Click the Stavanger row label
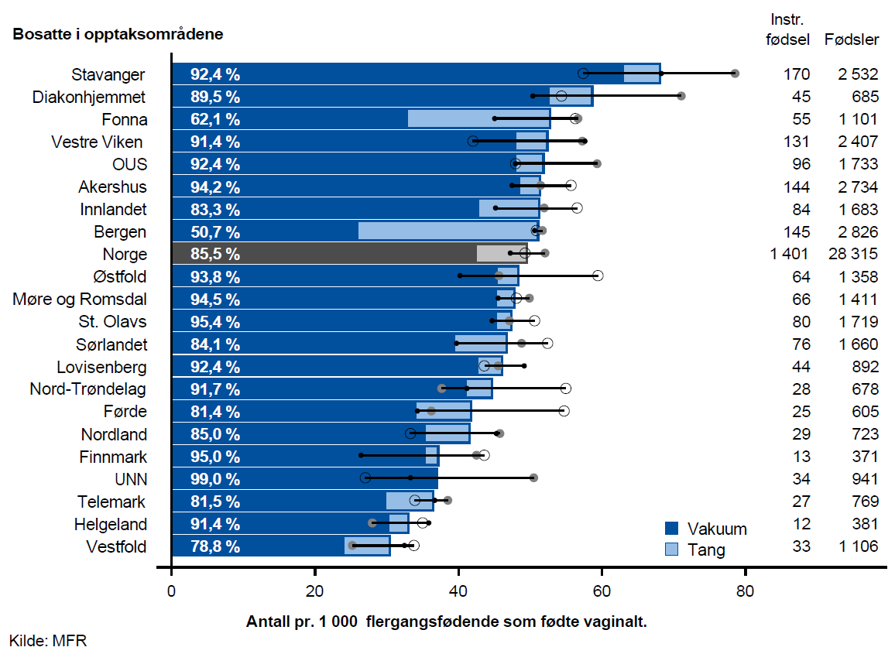(108, 74)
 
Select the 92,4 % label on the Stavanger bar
(215, 74)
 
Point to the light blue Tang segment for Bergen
(447, 231)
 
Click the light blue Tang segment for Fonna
(478, 119)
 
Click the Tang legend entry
(695, 550)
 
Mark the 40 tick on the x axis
(458, 594)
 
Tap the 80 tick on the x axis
(745, 594)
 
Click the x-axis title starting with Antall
(446, 621)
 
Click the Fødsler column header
(852, 39)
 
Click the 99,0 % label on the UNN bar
(215, 478)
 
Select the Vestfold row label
(116, 546)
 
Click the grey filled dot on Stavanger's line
(735, 74)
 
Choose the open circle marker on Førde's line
(564, 410)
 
